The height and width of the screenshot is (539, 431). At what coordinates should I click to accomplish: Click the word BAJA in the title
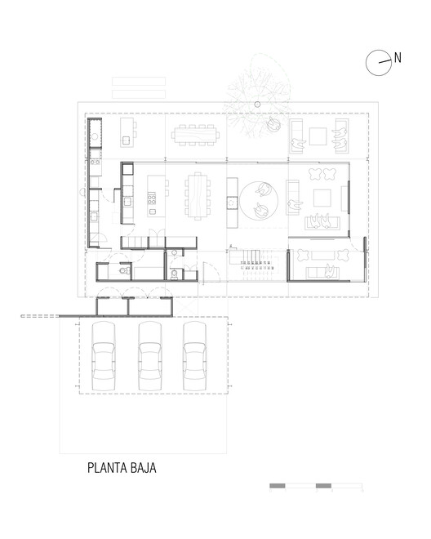point(141,469)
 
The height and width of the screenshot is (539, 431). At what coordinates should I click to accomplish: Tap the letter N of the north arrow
point(398,57)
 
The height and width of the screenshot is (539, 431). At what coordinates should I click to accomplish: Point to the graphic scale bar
point(315,486)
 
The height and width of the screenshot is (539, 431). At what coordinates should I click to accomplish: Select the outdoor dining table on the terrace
point(196,134)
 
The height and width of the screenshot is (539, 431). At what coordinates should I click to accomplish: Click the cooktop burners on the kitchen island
point(151,198)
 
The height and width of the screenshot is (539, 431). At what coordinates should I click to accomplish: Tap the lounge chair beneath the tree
point(271,124)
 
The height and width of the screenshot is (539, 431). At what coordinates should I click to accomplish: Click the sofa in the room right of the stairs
point(321,272)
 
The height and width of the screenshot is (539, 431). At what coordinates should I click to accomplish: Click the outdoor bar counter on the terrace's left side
point(128,129)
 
